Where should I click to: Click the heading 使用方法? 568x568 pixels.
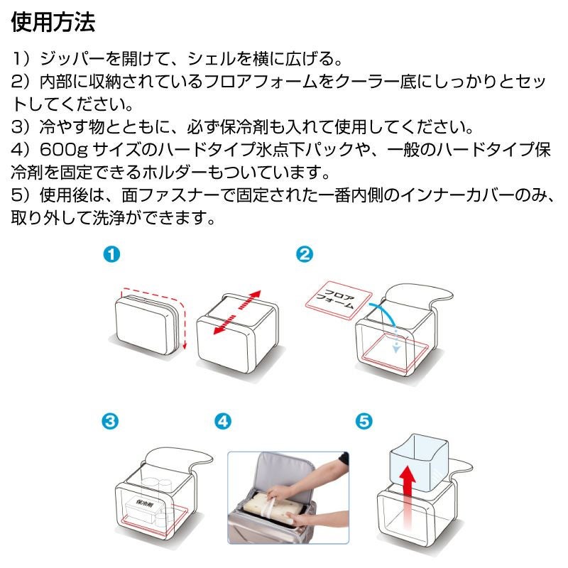click(53, 23)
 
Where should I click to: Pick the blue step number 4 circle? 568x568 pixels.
click(222, 421)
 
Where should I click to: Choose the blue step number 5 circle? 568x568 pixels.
click(363, 421)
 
